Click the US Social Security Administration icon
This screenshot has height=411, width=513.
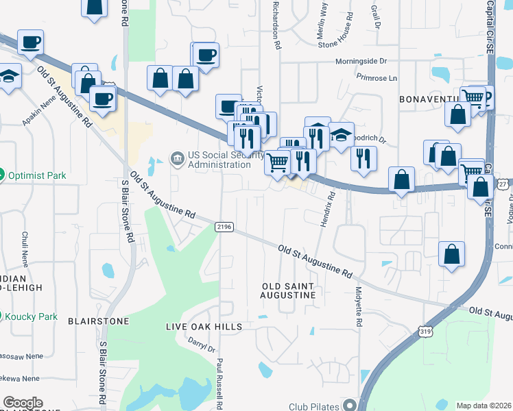(178, 160)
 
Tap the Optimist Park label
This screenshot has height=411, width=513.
(38, 175)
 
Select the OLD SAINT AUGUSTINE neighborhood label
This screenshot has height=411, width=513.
(290, 290)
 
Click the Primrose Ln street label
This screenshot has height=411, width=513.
(377, 78)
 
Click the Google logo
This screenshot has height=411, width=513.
(23, 403)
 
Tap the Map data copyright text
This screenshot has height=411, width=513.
(484, 406)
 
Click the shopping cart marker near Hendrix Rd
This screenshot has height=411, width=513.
(277, 163)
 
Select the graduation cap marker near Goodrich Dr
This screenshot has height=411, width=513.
(341, 136)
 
